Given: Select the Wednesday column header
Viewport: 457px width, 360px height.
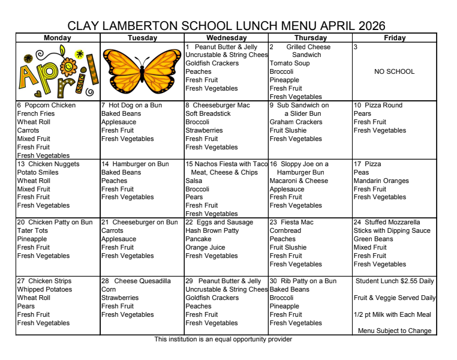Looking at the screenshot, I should click(226, 38).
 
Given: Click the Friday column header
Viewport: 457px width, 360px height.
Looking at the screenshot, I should click(394, 38).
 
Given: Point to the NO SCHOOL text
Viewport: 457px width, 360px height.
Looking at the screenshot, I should click(394, 71).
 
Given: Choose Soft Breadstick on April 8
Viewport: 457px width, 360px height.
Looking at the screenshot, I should click(208, 113).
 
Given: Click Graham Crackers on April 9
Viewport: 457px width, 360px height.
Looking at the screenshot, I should click(296, 122).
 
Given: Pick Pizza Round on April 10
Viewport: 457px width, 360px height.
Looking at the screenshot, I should click(382, 105).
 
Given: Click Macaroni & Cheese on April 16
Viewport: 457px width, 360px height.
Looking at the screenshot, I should click(299, 181).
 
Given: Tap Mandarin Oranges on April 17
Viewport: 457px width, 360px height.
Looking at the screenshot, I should click(381, 181).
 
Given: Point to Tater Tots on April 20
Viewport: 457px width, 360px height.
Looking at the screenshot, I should click(32, 230).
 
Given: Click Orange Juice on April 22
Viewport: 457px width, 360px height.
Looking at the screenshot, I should click(205, 247).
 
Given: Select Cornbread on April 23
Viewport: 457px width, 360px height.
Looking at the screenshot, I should click(285, 230).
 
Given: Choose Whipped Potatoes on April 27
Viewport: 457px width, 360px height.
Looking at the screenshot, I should click(44, 289).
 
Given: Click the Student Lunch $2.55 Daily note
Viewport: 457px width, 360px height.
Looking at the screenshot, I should click(395, 281).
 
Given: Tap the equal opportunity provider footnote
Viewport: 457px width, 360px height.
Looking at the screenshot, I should click(223, 340).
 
